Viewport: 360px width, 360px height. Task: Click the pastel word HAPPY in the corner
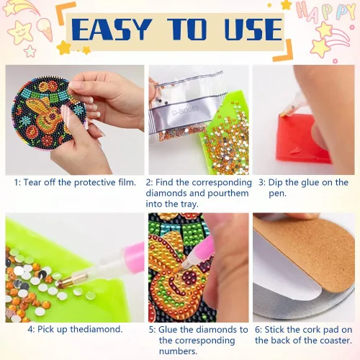(326, 12)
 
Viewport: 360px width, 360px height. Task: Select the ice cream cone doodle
(45, 28)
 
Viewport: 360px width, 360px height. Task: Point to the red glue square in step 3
(303, 138)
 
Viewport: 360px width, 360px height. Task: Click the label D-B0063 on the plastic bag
(186, 110)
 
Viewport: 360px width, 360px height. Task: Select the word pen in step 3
(277, 194)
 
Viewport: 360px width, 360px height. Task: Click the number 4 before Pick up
(30, 329)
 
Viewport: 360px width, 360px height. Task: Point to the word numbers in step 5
(178, 351)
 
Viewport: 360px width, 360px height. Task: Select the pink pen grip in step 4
(135, 255)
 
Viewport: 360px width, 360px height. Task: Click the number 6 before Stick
(258, 330)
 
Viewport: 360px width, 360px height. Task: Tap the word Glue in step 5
(168, 330)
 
